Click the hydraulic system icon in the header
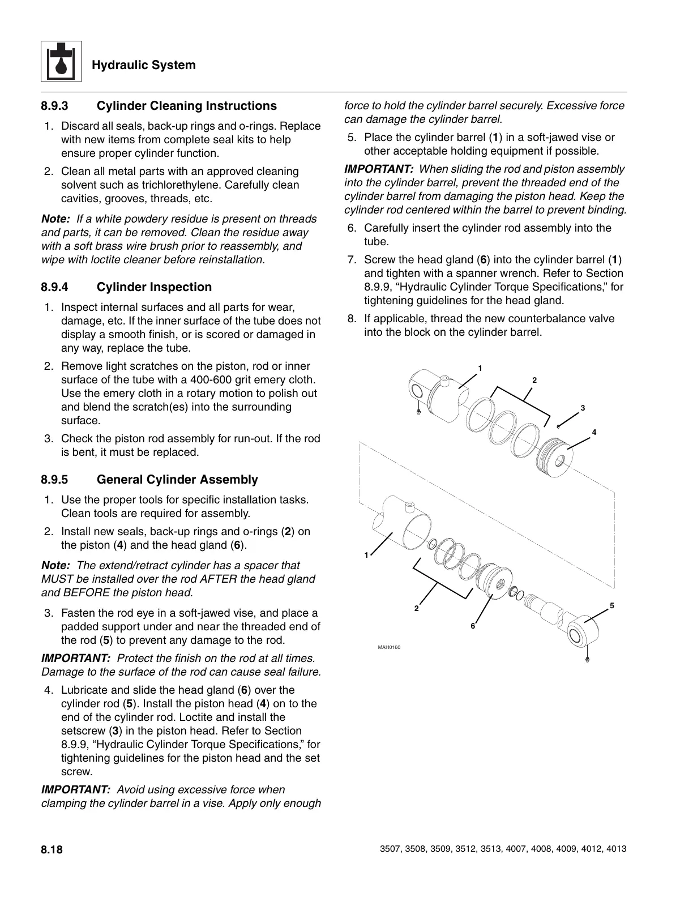pos(61,62)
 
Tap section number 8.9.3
pos(54,106)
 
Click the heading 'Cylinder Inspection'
pos(154,287)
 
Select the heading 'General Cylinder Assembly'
pos(177,480)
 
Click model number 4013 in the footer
pos(615,850)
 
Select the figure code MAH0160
pos(389,647)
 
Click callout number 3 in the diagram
pos(583,408)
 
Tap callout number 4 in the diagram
pos(594,432)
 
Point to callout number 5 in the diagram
pos(612,606)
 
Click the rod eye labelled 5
pos(581,630)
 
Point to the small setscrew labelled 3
pos(558,426)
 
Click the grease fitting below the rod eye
pos(587,659)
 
